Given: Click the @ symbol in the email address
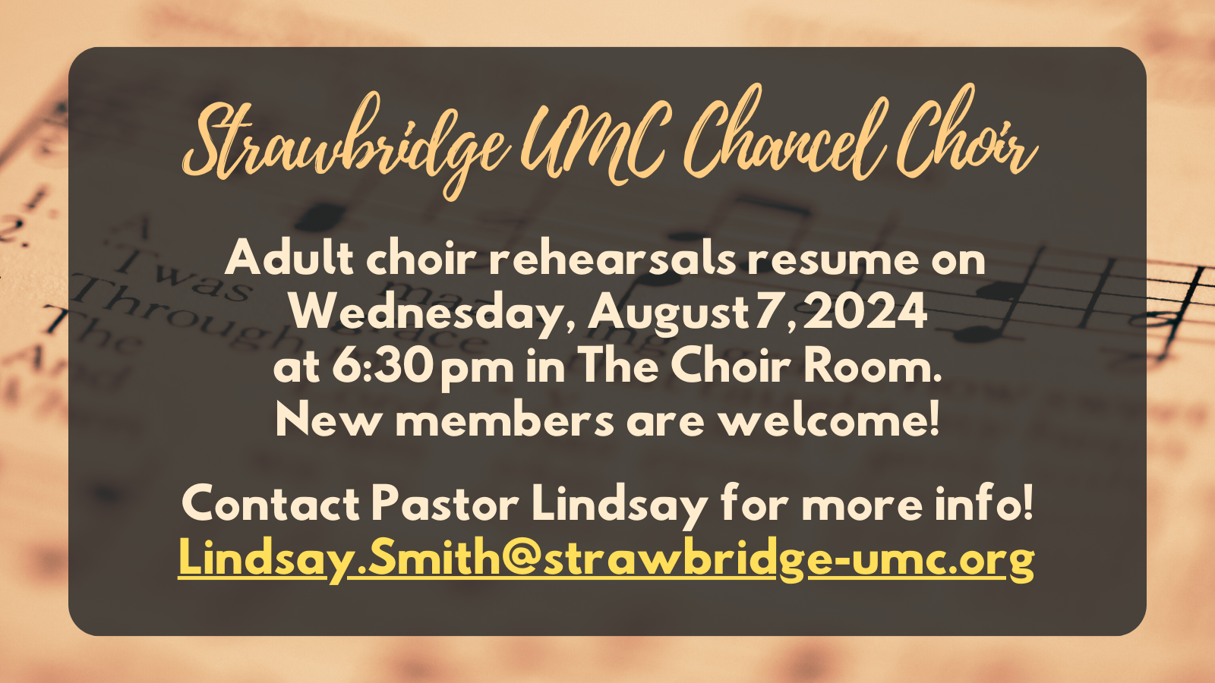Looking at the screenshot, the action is tap(521, 559).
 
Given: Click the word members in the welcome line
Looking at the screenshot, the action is tap(504, 420).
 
